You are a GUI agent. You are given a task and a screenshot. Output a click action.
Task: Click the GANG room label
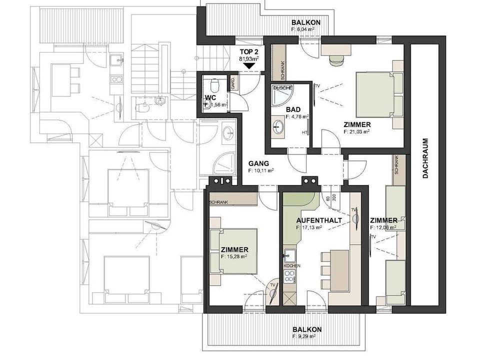(x=259, y=163)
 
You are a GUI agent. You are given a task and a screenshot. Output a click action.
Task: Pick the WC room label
(x=210, y=97)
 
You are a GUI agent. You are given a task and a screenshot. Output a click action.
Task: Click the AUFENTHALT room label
(x=318, y=220)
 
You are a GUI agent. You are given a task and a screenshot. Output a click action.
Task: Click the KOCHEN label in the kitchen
(x=291, y=266)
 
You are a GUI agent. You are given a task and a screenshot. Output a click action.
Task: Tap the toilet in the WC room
(x=213, y=83)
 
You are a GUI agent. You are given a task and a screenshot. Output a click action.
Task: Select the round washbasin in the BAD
(x=278, y=126)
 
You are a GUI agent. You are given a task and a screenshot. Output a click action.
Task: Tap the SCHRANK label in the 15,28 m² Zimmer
(x=219, y=202)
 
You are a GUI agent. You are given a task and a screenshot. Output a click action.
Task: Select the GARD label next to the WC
(x=233, y=83)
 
